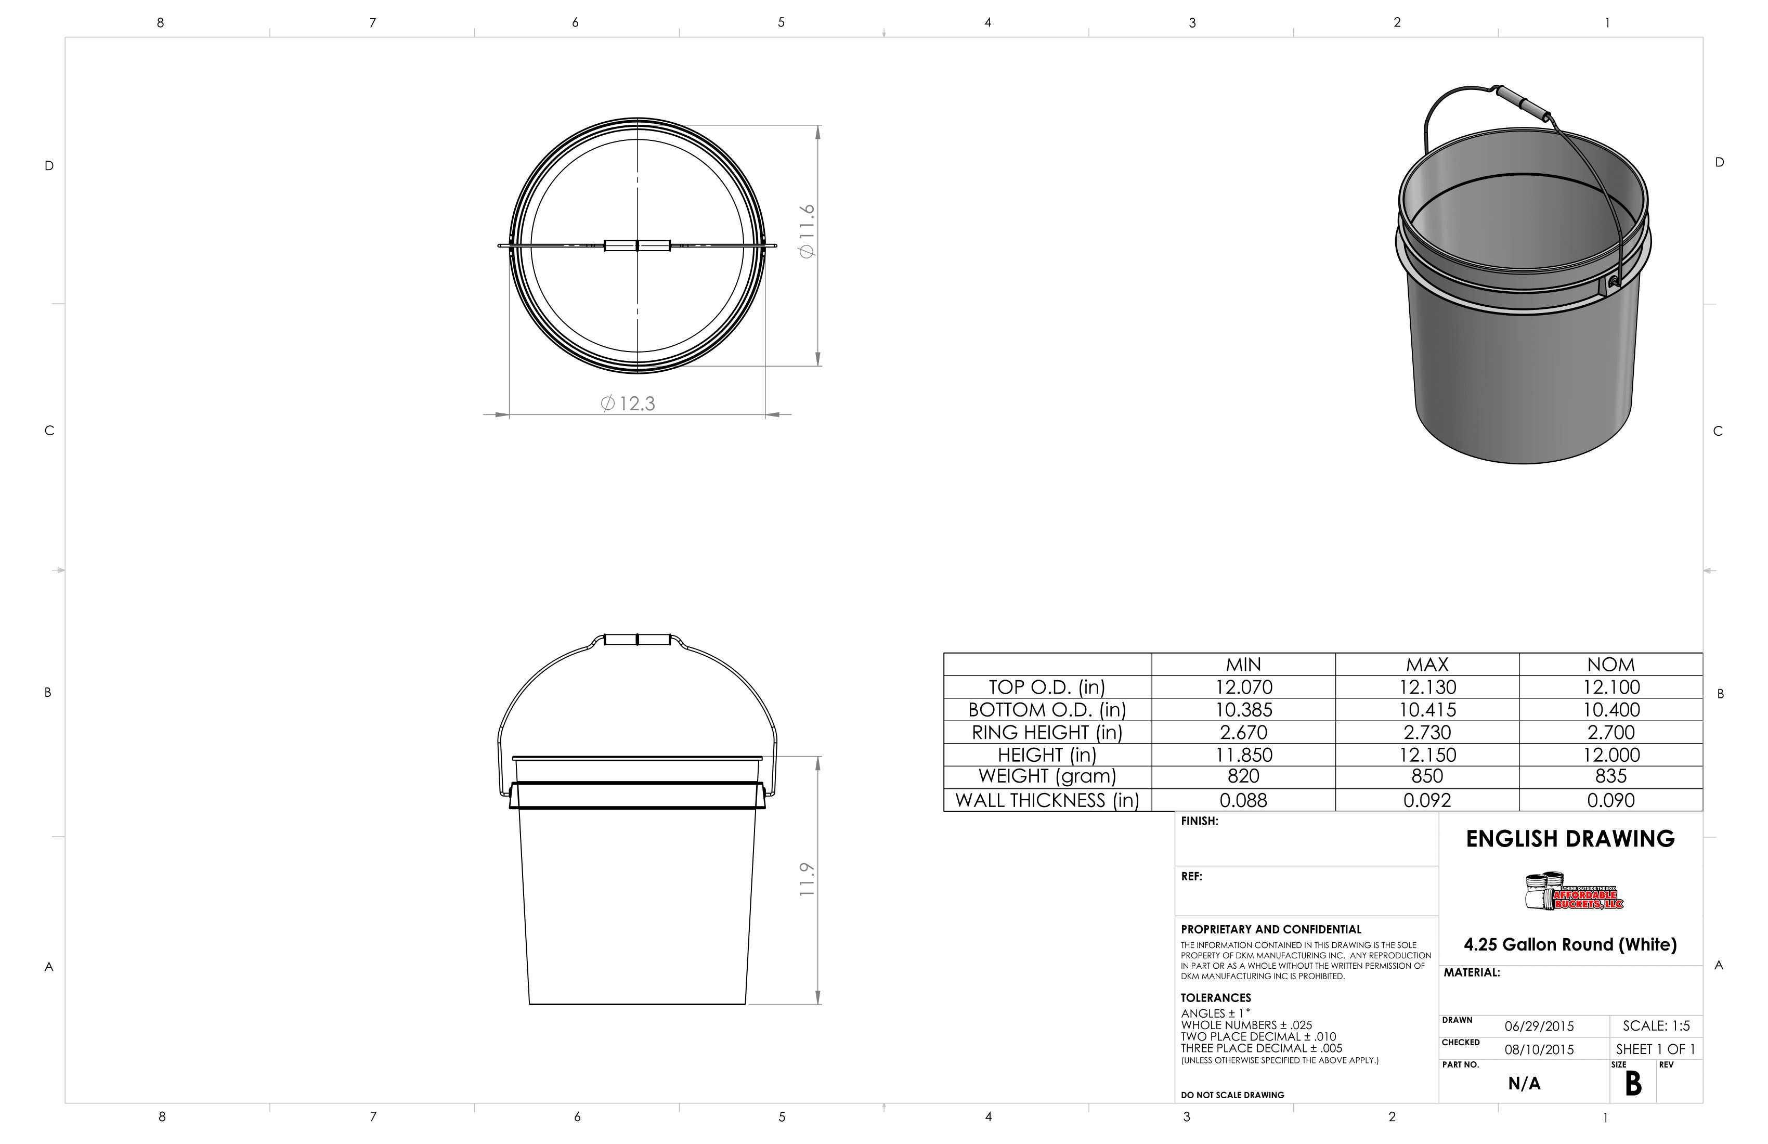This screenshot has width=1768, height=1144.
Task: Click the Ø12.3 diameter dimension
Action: (x=628, y=404)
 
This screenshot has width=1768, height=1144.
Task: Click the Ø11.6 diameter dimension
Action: (x=808, y=231)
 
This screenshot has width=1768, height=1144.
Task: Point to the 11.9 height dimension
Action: (x=808, y=879)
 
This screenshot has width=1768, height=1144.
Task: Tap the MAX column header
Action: (x=1427, y=665)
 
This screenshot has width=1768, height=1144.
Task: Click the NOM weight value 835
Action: (x=1610, y=776)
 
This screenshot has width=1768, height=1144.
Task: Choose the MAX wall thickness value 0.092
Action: (x=1427, y=801)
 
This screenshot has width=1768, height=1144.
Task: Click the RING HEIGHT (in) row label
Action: (x=1047, y=733)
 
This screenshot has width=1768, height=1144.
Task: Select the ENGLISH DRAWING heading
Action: (x=1570, y=839)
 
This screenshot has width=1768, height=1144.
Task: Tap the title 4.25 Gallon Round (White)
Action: (x=1570, y=945)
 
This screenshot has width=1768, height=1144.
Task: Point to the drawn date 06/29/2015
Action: (x=1539, y=1026)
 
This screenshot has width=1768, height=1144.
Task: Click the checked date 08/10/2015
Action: (x=1539, y=1050)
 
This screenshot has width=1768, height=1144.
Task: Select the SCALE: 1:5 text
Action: (x=1656, y=1026)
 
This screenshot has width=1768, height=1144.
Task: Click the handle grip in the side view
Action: (x=638, y=640)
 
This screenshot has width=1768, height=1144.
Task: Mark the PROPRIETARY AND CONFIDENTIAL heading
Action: (x=1271, y=929)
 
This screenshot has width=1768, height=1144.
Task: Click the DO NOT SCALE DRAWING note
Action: (x=1232, y=1095)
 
